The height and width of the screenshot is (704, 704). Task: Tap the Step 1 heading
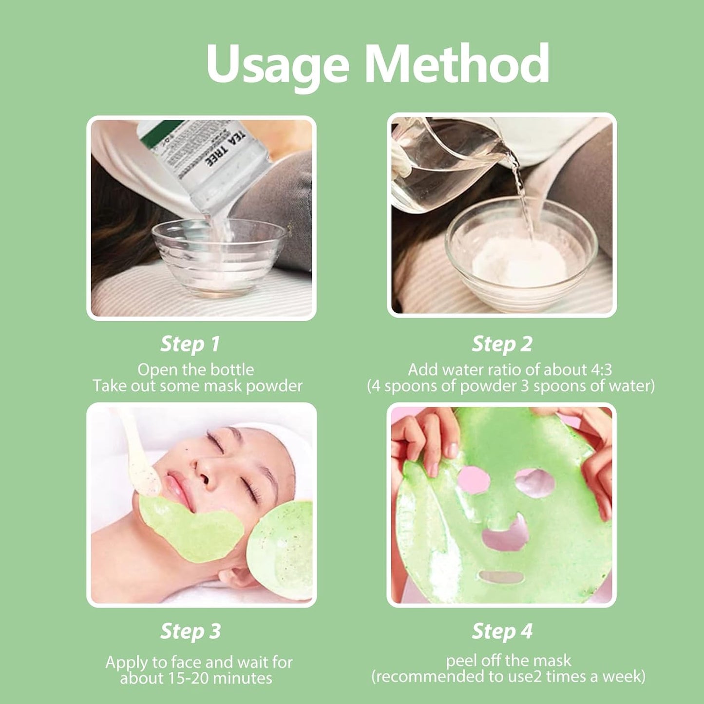pyautogui.click(x=190, y=344)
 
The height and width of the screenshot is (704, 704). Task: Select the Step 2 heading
pyautogui.click(x=502, y=344)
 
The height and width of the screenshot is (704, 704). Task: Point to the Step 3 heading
pyautogui.click(x=190, y=631)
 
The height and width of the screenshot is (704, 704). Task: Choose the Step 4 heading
pyautogui.click(x=502, y=631)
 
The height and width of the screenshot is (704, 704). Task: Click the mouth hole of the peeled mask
pyautogui.click(x=501, y=577)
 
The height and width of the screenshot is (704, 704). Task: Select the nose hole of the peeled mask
pyautogui.click(x=505, y=536)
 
